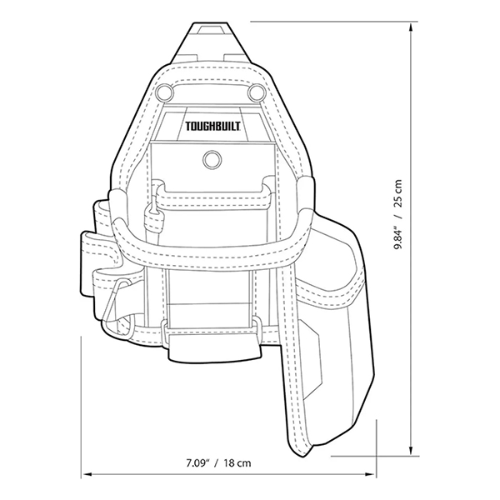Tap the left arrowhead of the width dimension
[86, 476]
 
